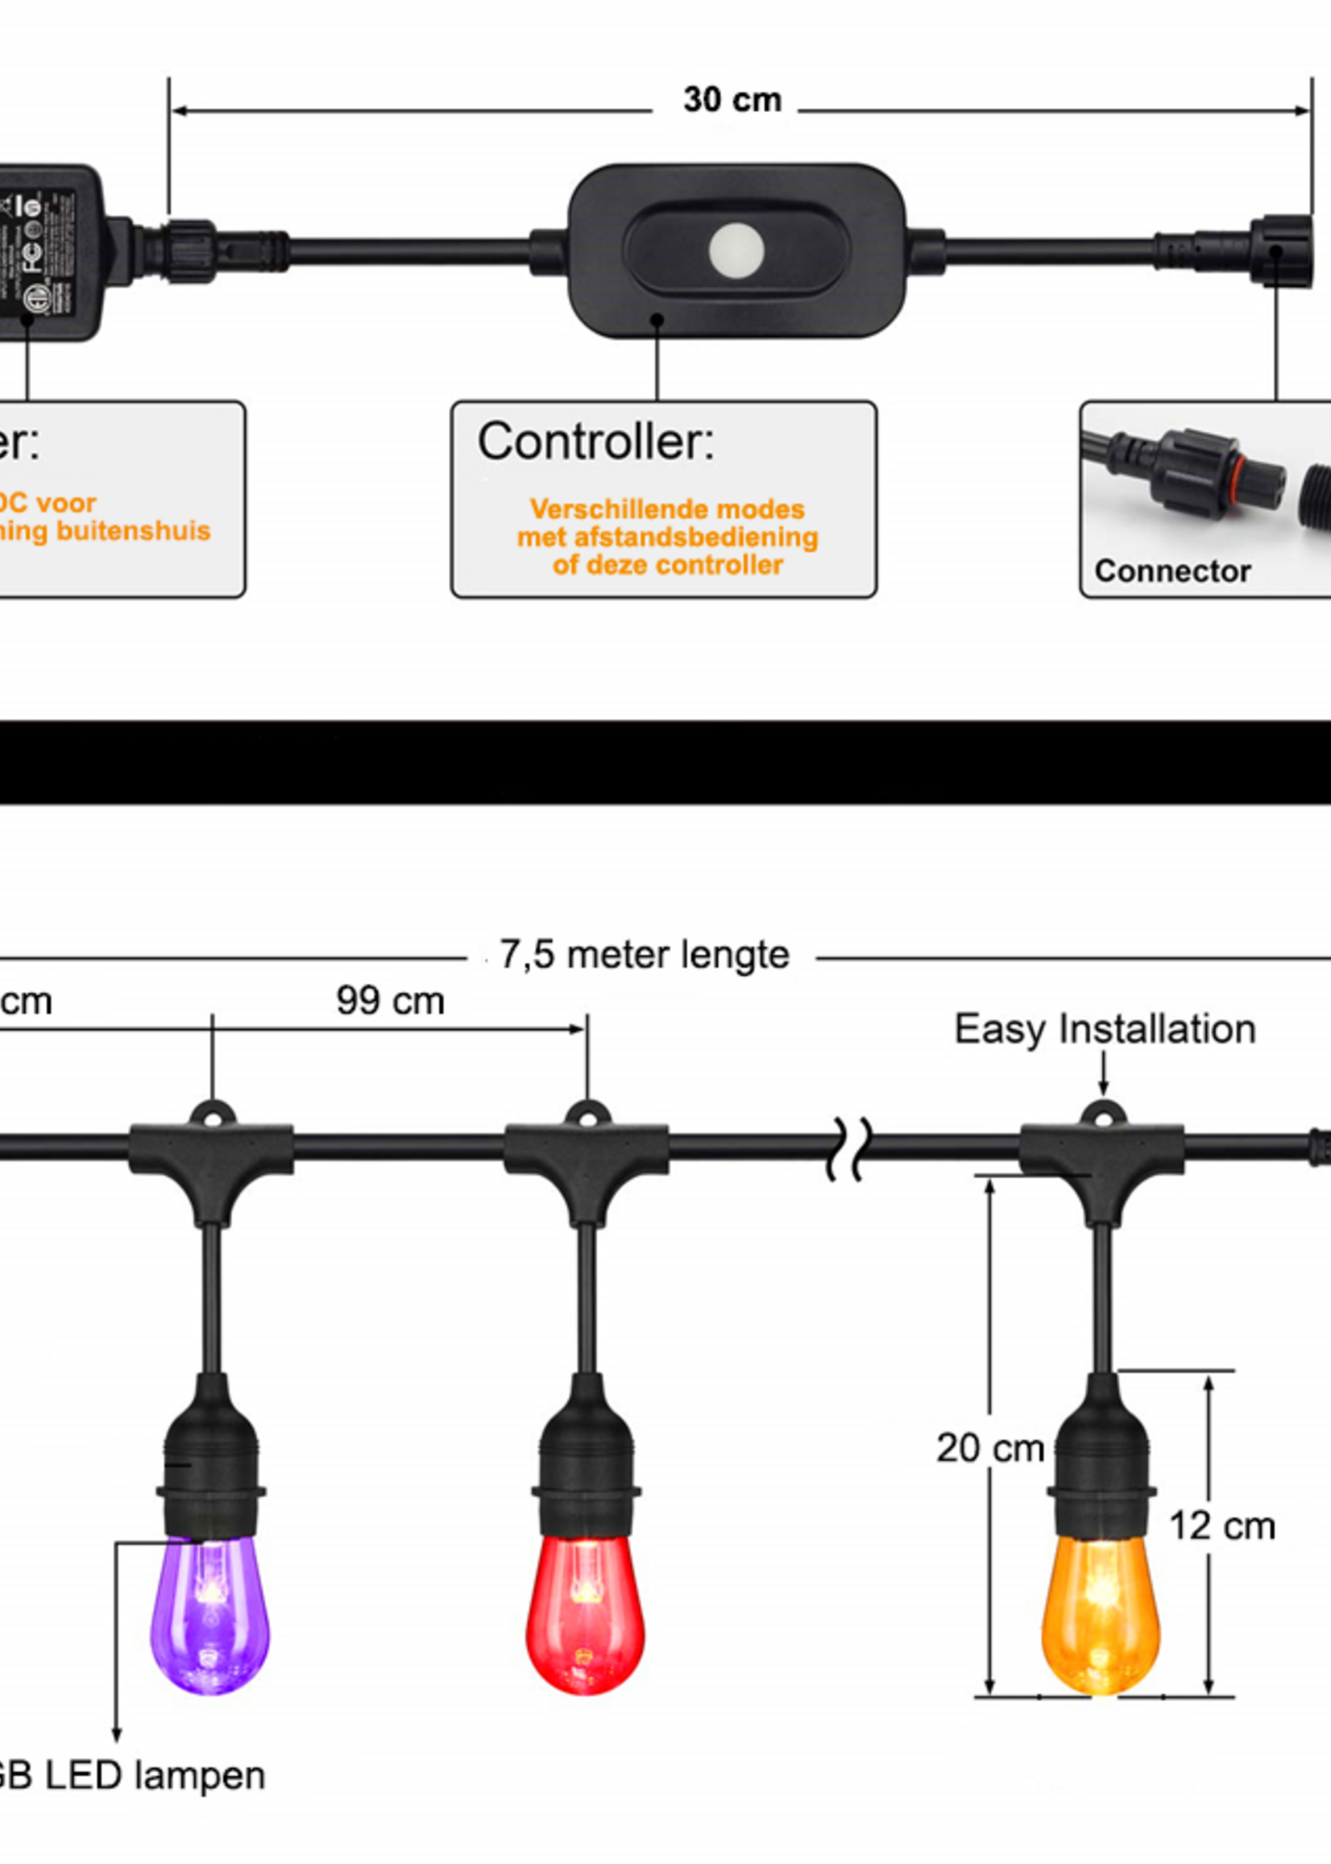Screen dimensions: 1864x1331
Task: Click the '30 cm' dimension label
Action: [732, 100]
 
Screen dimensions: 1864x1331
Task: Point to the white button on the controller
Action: [736, 249]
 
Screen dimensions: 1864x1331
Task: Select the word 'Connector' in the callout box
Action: [1172, 571]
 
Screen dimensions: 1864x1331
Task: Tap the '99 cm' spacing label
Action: [390, 1001]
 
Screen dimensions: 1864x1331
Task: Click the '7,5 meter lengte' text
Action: [645, 955]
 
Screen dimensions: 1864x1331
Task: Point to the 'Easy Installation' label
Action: [1105, 1029]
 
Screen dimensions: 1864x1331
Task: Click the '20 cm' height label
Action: [990, 1448]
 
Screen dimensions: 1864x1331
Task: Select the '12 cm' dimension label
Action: [1222, 1526]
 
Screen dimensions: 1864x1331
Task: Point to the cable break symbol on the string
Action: [848, 1148]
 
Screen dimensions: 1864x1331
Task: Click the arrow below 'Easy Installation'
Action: [1103, 1073]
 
